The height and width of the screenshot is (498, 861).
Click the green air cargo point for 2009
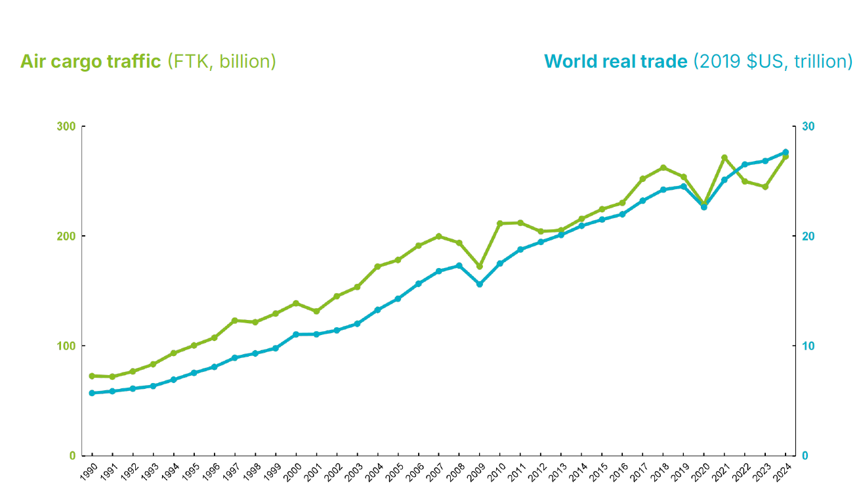coord(480,267)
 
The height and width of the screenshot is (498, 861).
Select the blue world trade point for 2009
coord(480,284)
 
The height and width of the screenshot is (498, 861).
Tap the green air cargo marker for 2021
coord(724,158)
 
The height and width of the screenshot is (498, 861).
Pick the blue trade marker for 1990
coord(92,393)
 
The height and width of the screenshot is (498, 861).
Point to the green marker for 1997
coord(234,321)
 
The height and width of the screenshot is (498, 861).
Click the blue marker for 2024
coord(786,152)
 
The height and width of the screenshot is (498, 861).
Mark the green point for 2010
coord(500,223)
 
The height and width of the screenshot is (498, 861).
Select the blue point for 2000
coord(296,334)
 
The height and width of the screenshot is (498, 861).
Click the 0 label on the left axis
coord(73,455)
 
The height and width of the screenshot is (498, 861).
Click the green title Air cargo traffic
coord(91,62)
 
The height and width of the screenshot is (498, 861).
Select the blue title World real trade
coord(616,62)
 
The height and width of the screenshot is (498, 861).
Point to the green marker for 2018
coord(663,168)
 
